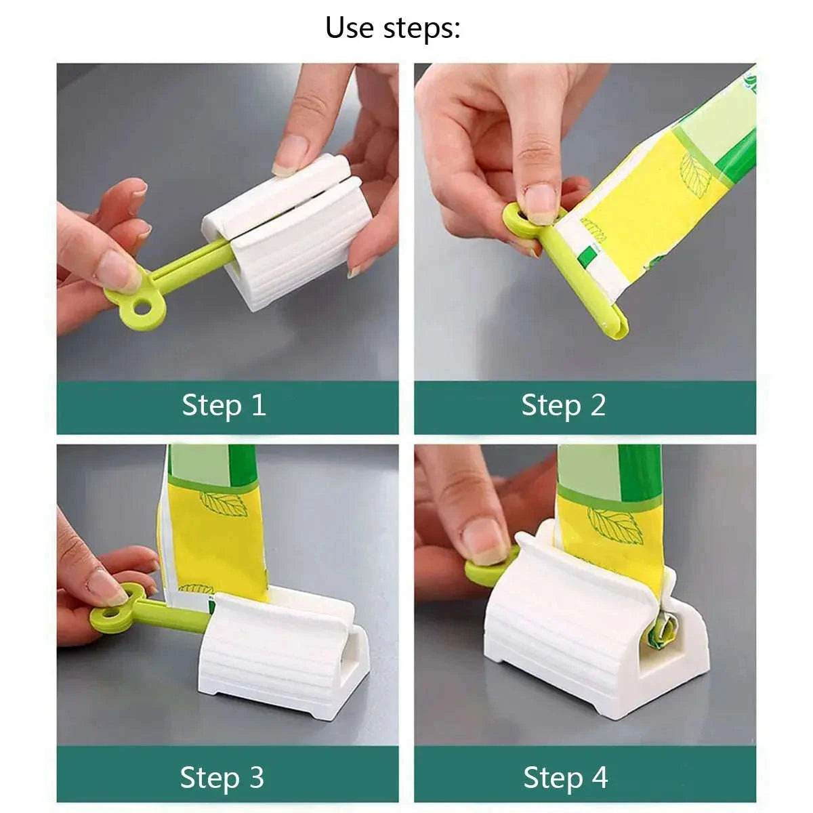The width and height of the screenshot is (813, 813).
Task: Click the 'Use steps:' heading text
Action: click(392, 28)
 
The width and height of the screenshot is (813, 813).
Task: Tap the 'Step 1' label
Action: click(224, 405)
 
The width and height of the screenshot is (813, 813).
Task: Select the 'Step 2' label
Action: click(563, 405)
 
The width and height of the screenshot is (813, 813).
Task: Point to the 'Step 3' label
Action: click(222, 777)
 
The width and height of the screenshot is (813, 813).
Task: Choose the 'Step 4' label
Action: click(565, 777)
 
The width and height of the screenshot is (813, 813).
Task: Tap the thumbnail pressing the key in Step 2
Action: click(541, 202)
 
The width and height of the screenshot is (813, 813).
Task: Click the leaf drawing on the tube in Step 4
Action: click(614, 526)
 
